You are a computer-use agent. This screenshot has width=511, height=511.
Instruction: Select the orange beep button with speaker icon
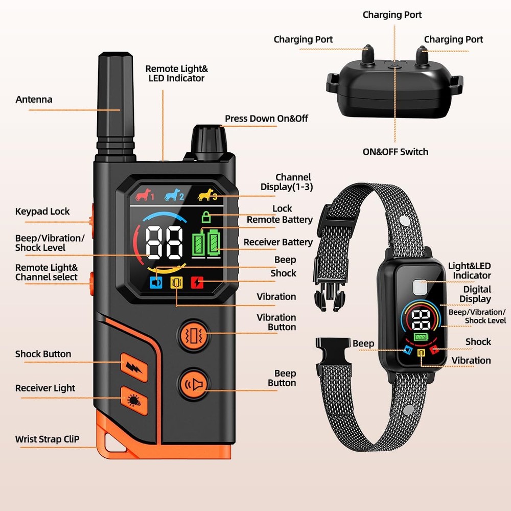[x=193, y=385]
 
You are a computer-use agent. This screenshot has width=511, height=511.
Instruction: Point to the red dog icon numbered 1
[x=145, y=195]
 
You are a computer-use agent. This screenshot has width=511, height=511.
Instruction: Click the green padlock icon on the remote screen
[x=206, y=217]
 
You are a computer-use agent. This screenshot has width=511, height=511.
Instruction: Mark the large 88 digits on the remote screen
[x=165, y=243]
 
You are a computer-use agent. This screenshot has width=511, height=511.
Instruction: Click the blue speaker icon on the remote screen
[x=156, y=282]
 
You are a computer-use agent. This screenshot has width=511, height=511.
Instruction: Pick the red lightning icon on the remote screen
[x=197, y=282]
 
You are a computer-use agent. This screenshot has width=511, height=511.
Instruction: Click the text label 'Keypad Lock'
[x=42, y=212]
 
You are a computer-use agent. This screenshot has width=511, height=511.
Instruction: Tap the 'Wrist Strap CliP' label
[x=47, y=439]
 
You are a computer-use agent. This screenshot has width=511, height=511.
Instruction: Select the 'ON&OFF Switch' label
[x=396, y=152]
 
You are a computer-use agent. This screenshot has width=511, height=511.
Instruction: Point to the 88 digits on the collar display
[x=421, y=320]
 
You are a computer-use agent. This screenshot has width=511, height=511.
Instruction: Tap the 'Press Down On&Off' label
[x=266, y=119]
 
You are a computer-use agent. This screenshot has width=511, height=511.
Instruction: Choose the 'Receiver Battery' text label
[x=278, y=242]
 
